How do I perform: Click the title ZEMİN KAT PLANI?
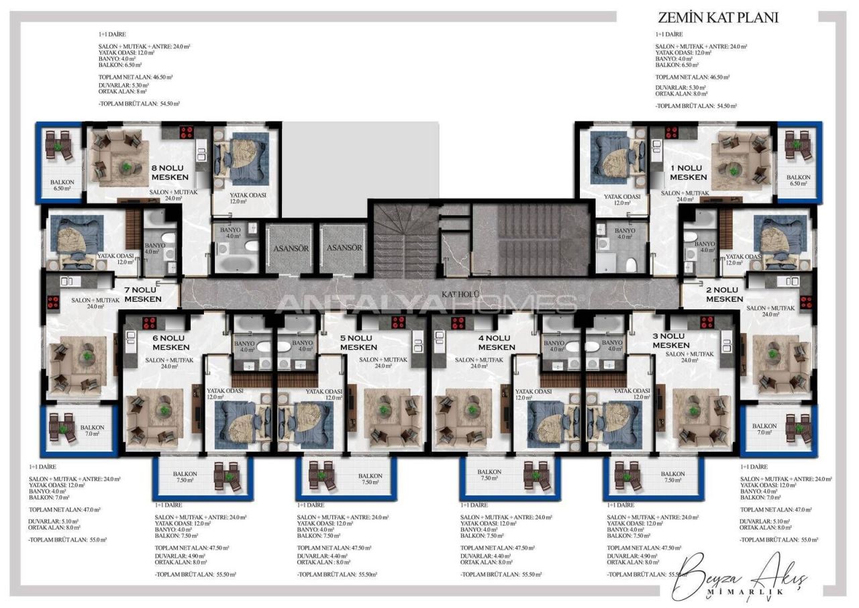(x=718, y=18)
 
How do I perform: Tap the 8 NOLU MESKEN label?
(x=169, y=173)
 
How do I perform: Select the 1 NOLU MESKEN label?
(x=688, y=172)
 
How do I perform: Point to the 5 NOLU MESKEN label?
(x=358, y=343)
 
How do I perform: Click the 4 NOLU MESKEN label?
(x=496, y=343)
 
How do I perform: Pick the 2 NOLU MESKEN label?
(x=724, y=295)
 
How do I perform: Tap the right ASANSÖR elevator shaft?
(x=344, y=248)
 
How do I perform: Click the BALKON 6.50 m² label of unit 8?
(x=62, y=185)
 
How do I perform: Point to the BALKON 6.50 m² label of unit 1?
(x=799, y=181)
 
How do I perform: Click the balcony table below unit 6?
(x=226, y=476)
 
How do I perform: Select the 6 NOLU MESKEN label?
(x=170, y=343)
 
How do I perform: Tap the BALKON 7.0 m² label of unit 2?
(x=764, y=429)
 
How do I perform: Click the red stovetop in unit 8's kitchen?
(x=186, y=132)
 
